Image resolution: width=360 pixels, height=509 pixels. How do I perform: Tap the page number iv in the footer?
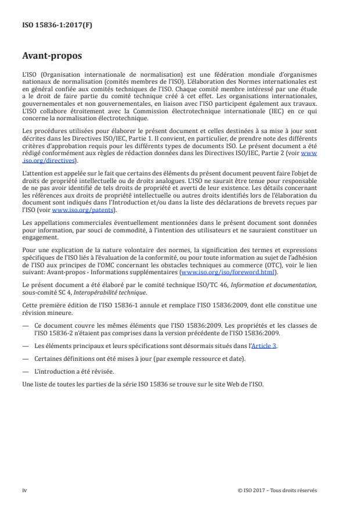[24, 490]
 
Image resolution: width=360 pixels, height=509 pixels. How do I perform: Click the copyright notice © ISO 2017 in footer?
[278, 490]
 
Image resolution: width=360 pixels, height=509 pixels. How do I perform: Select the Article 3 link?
[265, 345]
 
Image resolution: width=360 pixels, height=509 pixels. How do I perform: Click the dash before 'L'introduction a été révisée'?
[26, 371]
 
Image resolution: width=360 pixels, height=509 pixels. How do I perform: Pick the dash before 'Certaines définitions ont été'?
[26, 358]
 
